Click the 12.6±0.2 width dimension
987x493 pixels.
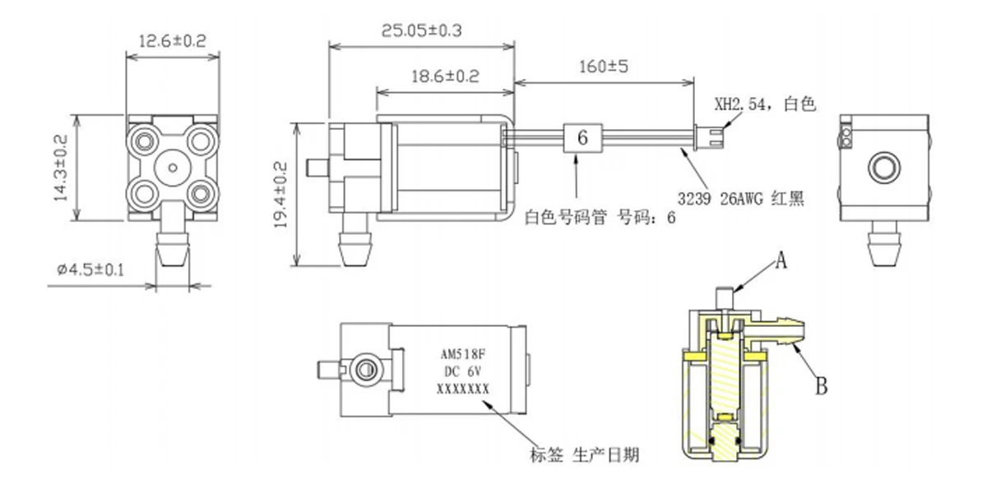(172, 41)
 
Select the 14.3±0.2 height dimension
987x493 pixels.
(61, 168)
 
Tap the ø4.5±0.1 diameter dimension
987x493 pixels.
(90, 269)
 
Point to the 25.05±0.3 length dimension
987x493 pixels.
(421, 30)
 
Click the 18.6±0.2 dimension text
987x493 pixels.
(445, 76)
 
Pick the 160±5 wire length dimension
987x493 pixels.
(604, 67)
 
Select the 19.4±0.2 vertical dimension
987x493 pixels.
(280, 195)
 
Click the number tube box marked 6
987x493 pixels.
(582, 138)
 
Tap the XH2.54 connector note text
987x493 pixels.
(766, 104)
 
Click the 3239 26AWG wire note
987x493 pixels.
(741, 199)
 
